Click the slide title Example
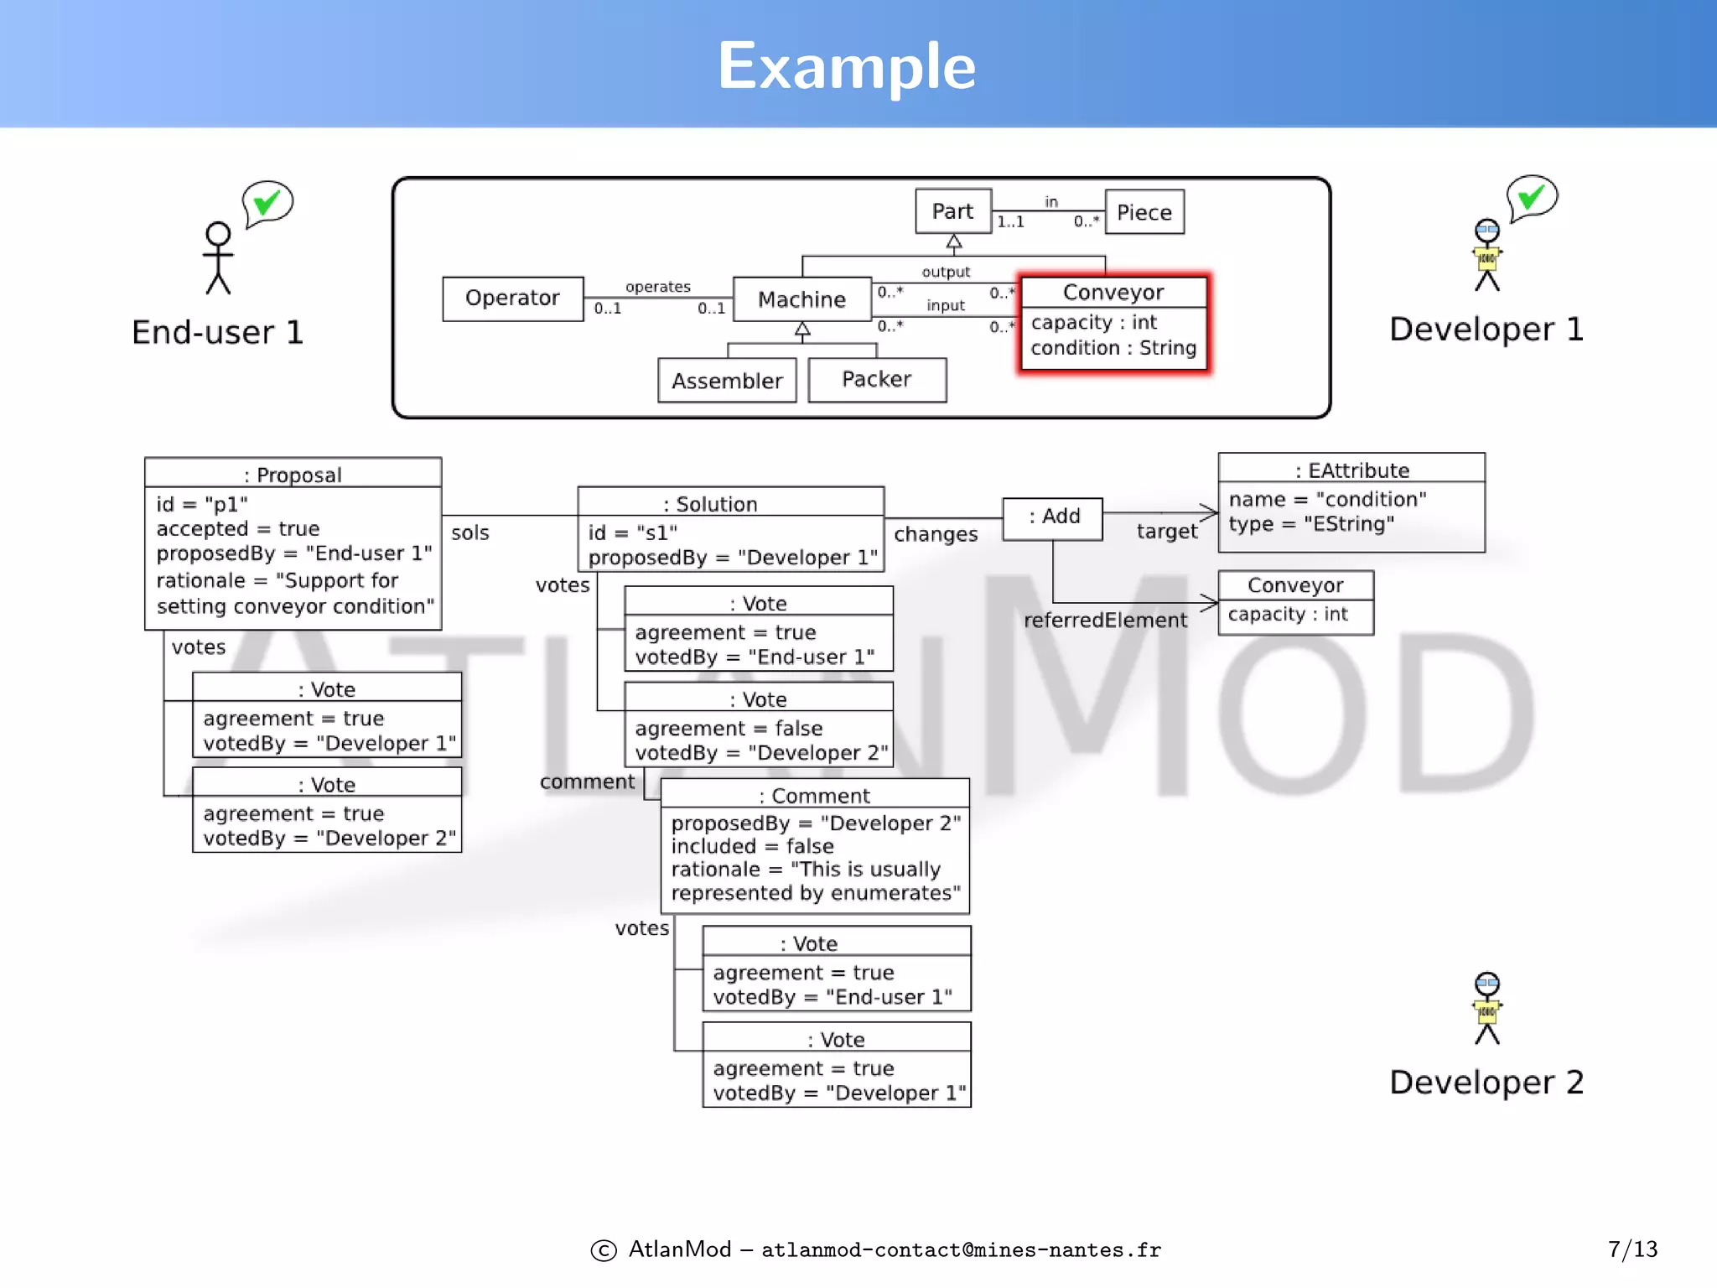[847, 67]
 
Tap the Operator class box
[512, 299]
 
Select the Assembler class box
[727, 381]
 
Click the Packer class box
[877, 380]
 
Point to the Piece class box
[1144, 212]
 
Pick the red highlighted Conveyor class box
[1113, 324]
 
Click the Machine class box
[802, 299]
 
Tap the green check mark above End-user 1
[267, 202]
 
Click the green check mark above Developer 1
[1532, 197]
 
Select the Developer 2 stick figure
[1487, 1008]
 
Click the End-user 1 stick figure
[219, 258]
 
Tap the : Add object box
[1053, 517]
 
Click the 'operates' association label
[658, 287]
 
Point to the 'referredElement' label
[1105, 621]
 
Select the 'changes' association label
[936, 534]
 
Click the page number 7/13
[1632, 1249]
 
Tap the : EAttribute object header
[1351, 470]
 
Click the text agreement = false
[729, 728]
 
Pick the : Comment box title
[815, 795]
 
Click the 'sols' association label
[469, 532]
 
